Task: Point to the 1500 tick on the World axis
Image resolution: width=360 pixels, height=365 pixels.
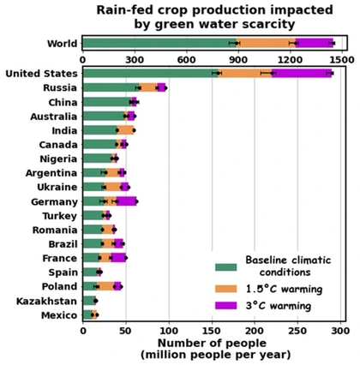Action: pos(342,60)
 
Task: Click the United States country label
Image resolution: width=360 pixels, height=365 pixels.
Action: pos(40,74)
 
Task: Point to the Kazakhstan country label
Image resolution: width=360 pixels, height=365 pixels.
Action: pos(45,301)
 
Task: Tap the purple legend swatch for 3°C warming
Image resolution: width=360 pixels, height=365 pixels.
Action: pos(226,305)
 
